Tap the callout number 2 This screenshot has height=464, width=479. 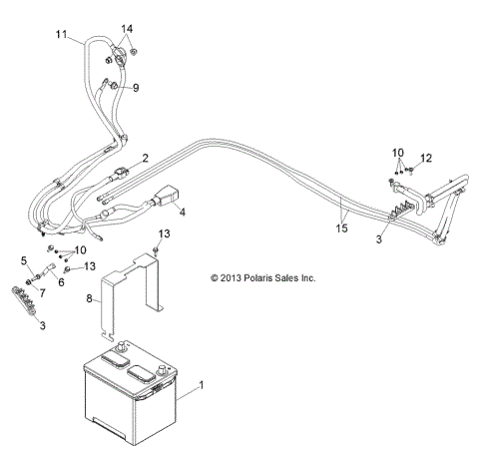click(146, 158)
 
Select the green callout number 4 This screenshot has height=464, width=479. click(183, 212)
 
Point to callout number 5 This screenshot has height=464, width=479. click(24, 260)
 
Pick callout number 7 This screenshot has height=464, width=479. click(42, 291)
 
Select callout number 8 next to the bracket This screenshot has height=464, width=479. click(91, 297)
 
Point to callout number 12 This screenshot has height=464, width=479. click(426, 158)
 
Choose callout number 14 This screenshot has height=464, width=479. click(127, 28)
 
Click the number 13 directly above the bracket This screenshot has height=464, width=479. click(166, 233)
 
